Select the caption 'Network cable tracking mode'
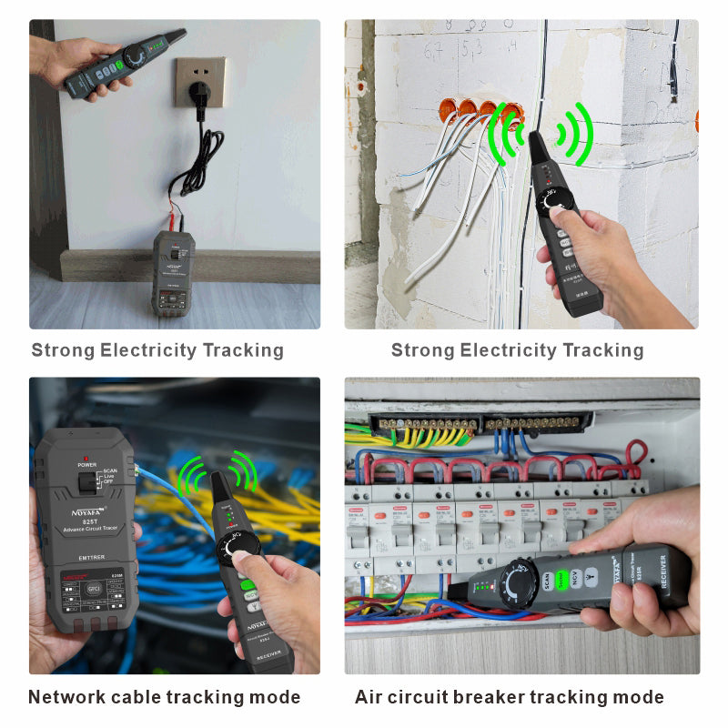164,697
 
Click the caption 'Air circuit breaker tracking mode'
510,697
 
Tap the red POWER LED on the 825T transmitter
85,454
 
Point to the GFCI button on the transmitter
92,589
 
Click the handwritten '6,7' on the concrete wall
436,46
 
